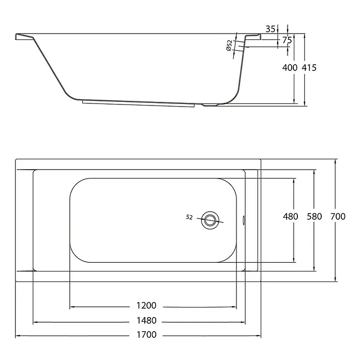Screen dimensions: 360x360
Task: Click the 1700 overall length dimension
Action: pos(146,335)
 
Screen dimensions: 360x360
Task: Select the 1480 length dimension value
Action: pos(146,321)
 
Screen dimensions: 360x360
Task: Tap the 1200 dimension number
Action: pos(146,306)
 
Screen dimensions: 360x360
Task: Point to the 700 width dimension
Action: pos(338,217)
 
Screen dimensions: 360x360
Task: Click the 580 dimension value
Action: pos(314,217)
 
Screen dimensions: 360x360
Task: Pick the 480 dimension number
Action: pos(291,217)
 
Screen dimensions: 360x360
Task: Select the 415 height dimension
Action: pos(309,68)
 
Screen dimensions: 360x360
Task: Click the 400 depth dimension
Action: pos(290,68)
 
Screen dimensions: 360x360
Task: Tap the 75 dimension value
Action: pos(287,40)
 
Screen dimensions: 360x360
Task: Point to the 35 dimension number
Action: pos(270,29)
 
